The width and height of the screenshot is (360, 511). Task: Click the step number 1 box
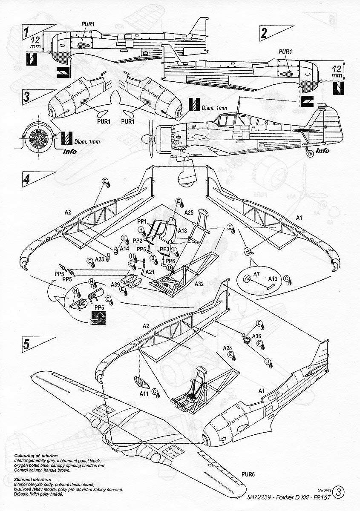(x=27, y=32)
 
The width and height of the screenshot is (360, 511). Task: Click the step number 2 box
(x=265, y=33)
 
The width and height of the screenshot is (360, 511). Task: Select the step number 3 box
(x=27, y=96)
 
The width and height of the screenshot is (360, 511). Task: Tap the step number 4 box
(x=27, y=178)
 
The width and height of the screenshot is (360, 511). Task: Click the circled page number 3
(x=339, y=493)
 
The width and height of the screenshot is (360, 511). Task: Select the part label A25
(x=189, y=212)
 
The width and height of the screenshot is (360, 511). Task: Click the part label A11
(x=143, y=394)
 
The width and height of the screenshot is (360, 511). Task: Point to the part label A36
(x=256, y=336)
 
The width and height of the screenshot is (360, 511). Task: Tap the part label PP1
(x=142, y=221)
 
